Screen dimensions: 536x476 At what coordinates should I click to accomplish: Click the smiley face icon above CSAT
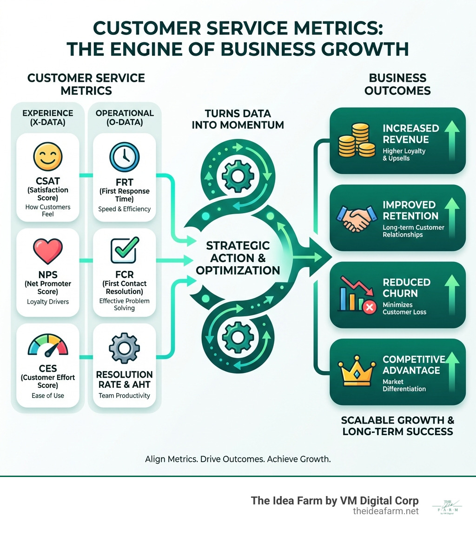[x=47, y=157]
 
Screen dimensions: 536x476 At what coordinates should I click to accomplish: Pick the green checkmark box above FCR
[x=124, y=251]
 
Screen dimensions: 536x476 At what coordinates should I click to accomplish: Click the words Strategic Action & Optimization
[x=238, y=257]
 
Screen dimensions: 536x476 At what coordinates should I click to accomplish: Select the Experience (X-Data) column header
[x=48, y=118]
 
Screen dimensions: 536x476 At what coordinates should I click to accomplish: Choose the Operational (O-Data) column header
[x=124, y=118]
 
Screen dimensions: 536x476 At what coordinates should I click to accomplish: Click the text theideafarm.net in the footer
[x=386, y=511]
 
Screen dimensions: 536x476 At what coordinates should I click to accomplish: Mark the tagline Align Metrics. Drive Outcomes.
[x=238, y=459]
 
